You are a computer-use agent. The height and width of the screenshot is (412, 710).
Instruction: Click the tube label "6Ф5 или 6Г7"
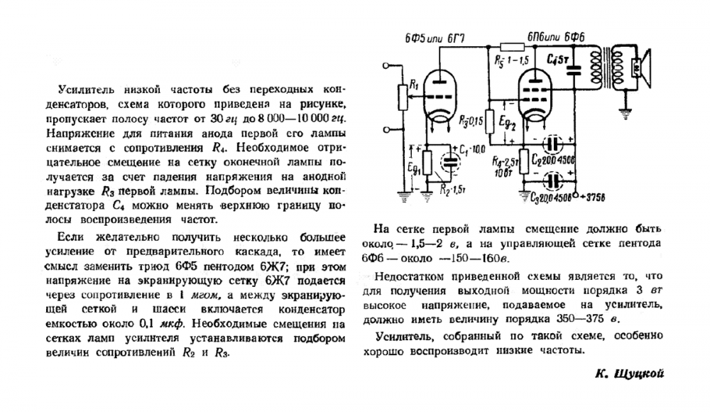(x=432, y=36)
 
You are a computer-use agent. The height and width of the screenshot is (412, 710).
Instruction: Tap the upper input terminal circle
(x=384, y=65)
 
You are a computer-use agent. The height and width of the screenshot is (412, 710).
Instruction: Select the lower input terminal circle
(x=384, y=130)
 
